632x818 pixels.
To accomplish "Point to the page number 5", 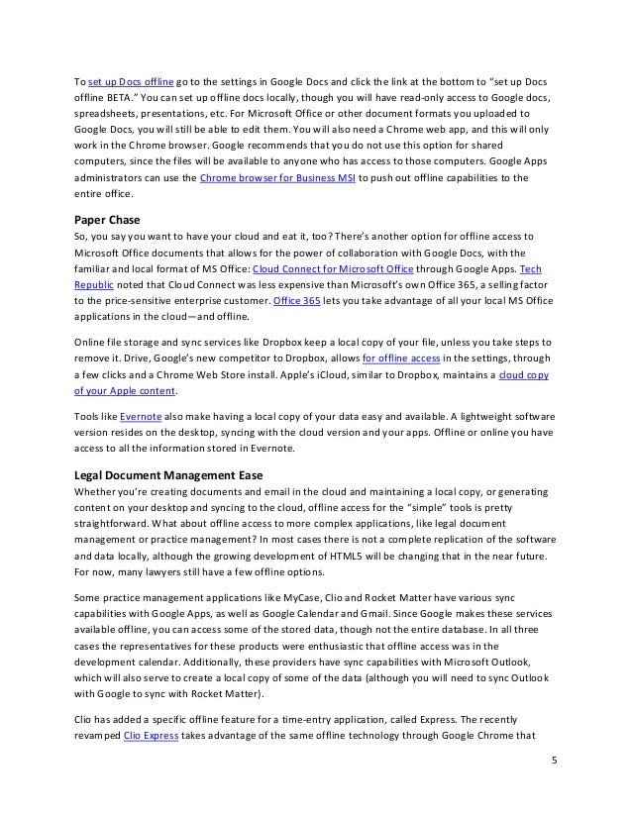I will coord(556,787).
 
